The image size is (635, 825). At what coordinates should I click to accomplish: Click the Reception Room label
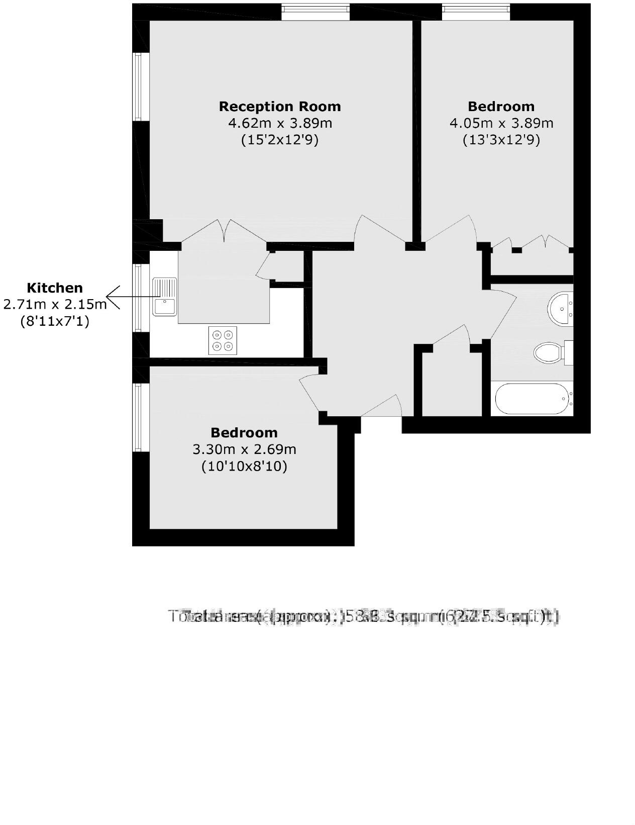[280, 107]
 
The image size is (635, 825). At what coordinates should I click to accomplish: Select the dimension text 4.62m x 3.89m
[280, 123]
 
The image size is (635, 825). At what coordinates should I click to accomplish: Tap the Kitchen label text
[54, 288]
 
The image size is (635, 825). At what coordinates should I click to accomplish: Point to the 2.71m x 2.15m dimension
[54, 304]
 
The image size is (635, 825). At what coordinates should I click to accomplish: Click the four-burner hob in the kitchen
[223, 340]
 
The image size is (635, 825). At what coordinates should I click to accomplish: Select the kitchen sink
[165, 297]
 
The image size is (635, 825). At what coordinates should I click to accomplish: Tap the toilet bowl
[548, 353]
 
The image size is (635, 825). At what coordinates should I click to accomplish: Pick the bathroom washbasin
[560, 308]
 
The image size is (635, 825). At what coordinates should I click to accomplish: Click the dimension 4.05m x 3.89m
[501, 123]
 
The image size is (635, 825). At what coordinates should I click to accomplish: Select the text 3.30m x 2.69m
[244, 449]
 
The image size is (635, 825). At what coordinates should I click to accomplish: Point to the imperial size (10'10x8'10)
[244, 466]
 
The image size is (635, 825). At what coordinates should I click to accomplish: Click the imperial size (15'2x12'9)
[280, 139]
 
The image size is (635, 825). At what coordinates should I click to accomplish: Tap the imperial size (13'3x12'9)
[501, 139]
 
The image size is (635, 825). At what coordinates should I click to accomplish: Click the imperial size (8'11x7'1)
[54, 321]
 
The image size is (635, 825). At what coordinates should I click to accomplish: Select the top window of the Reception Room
[315, 12]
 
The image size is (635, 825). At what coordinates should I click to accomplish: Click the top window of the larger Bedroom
[476, 12]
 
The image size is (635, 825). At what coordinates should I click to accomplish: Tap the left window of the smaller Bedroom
[140, 417]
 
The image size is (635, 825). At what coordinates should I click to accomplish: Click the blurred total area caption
[363, 616]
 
